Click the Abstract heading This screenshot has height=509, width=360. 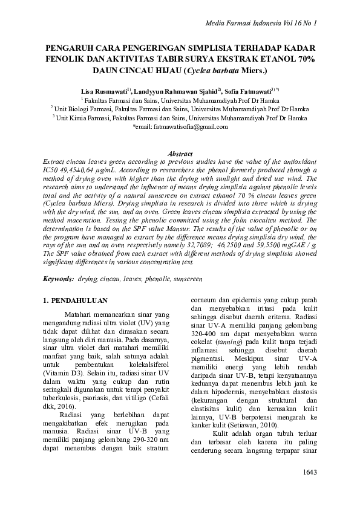tap(179, 155)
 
